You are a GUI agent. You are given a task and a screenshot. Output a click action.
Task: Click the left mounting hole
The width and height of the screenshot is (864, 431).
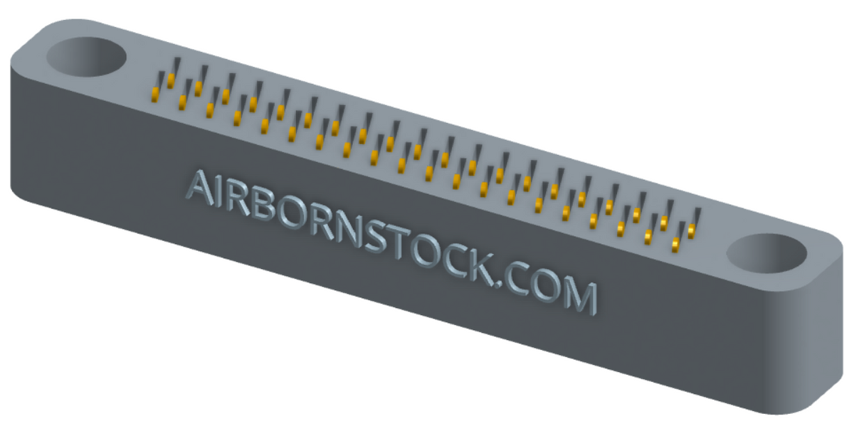tap(86, 57)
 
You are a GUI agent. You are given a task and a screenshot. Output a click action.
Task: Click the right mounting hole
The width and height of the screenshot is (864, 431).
tap(766, 253)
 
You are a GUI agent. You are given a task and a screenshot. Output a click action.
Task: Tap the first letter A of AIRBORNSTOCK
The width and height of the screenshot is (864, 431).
tap(201, 188)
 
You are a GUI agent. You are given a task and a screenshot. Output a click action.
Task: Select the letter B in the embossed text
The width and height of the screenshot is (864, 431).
tap(267, 207)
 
